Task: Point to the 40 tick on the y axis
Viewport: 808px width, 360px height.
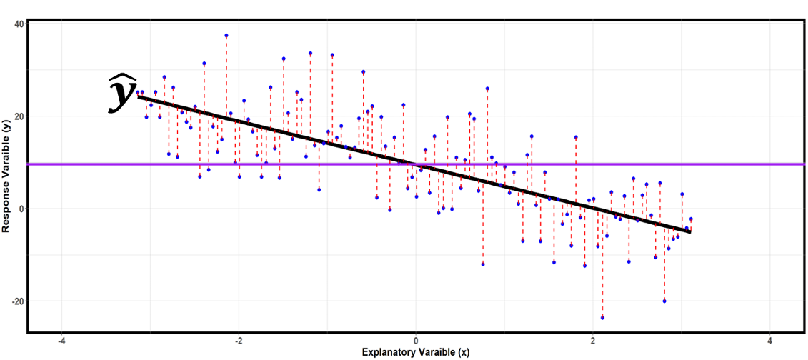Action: click(19, 24)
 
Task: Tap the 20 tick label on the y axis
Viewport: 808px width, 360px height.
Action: click(19, 116)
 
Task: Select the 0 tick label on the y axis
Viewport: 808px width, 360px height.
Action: click(21, 209)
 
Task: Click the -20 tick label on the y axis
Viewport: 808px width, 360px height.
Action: click(18, 301)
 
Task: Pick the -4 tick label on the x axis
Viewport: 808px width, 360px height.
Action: click(62, 341)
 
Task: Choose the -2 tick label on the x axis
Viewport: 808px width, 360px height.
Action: click(239, 341)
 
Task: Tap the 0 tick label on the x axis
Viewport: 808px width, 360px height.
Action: click(416, 341)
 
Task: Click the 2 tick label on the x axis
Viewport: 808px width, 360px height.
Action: click(593, 341)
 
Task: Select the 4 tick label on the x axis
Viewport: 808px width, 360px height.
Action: click(769, 341)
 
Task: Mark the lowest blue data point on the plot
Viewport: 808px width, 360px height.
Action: click(602, 317)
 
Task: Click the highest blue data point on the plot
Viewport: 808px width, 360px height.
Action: click(226, 35)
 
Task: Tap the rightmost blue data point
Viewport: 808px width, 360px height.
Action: click(691, 219)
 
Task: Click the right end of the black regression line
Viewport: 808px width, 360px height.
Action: click(690, 231)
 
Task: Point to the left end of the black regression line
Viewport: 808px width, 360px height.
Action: click(139, 96)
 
